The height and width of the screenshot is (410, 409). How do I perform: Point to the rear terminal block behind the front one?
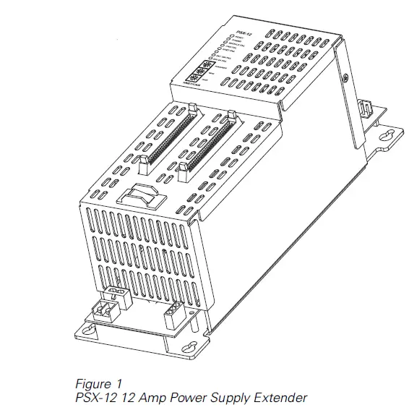pos(116,293)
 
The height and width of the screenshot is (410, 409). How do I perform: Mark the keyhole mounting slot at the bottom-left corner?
pos(88,332)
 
